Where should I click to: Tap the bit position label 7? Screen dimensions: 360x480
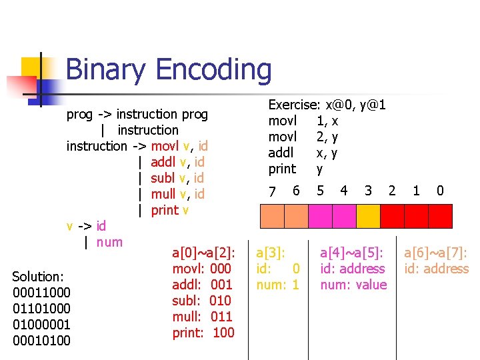[272, 191]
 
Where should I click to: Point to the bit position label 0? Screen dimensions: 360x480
[440, 191]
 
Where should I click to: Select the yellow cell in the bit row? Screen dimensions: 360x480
[367, 216]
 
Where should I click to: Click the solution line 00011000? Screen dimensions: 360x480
[41, 293]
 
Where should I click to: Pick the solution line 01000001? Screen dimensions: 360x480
[41, 325]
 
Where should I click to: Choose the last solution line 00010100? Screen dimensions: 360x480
[41, 341]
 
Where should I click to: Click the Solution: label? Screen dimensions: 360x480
[38, 277]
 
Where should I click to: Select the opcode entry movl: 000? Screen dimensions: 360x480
[202, 269]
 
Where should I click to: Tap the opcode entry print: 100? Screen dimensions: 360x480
[203, 333]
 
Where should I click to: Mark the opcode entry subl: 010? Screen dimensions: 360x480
[202, 301]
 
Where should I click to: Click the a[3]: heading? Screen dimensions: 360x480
[271, 253]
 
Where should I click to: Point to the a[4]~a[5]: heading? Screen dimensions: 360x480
[352, 253]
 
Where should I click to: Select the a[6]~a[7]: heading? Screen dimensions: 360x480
[436, 253]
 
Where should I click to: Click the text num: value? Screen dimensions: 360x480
[353, 285]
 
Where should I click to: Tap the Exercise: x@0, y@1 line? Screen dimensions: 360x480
[327, 105]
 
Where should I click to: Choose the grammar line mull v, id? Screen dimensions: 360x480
[177, 194]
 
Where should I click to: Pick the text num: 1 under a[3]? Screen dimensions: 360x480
[278, 285]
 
